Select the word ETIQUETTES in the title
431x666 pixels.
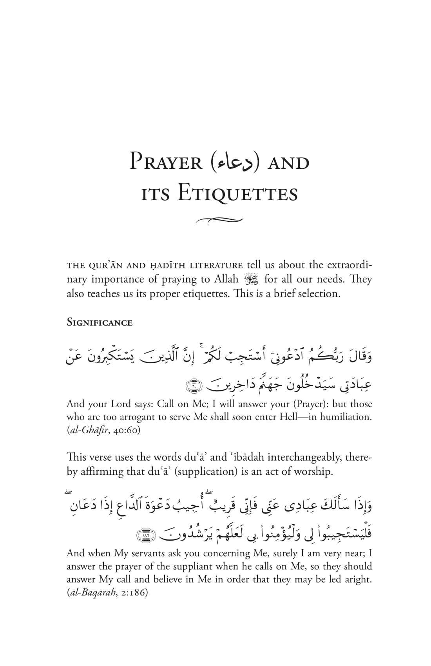(237, 194)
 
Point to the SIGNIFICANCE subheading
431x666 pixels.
(100, 323)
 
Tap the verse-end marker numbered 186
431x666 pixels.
(145, 536)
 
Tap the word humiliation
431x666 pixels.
(346, 417)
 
